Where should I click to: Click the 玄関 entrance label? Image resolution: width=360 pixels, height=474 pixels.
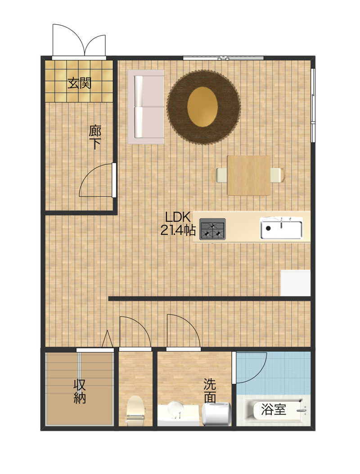point(79,83)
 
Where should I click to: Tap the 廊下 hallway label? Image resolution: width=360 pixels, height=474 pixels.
point(95,137)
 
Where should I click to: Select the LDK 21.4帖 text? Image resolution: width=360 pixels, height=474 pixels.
point(178,224)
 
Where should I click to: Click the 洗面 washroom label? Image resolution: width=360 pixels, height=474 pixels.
point(210,390)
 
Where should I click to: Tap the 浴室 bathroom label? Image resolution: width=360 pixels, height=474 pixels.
point(274,409)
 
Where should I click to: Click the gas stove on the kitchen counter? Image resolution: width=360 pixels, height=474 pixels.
point(212,229)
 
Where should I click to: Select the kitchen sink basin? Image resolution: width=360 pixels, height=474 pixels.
point(281,229)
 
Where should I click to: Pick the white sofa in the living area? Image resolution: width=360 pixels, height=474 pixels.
point(146,107)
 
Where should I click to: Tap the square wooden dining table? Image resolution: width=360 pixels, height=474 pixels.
point(249,175)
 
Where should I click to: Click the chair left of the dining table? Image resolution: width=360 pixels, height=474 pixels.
point(221,175)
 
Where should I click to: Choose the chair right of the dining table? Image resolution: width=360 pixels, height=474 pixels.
point(277,175)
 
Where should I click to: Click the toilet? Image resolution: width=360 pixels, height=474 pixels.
point(135,411)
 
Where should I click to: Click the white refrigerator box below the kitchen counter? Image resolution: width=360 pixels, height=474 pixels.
point(296,283)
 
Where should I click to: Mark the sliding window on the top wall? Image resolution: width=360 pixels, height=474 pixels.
point(223,58)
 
